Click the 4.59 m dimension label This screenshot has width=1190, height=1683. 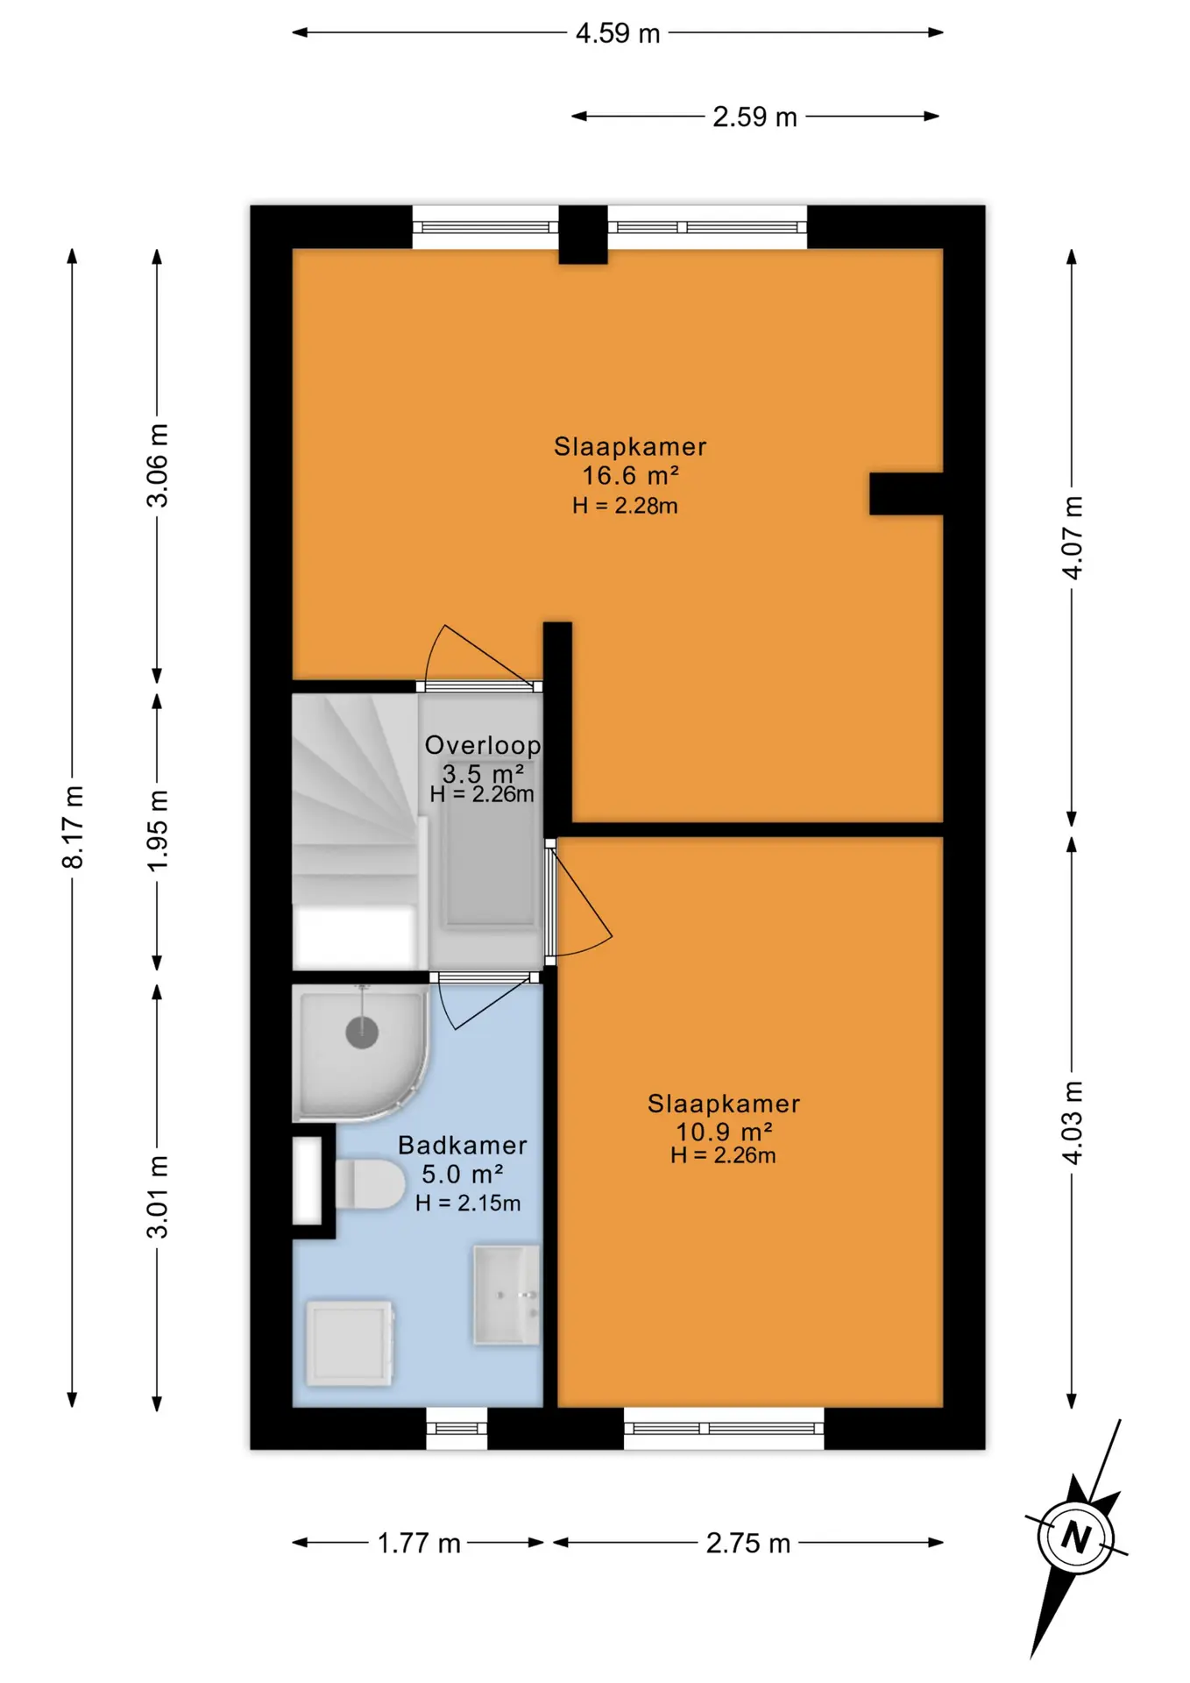tap(617, 33)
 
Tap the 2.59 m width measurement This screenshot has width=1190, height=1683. tap(754, 117)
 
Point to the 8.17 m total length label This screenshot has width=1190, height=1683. tap(73, 827)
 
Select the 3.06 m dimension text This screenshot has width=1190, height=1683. tap(157, 465)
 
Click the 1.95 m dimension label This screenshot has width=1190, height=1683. tap(157, 830)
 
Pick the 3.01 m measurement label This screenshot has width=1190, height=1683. tap(157, 1196)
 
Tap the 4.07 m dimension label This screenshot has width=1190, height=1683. tap(1072, 536)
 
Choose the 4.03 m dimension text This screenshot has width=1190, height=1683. tap(1072, 1122)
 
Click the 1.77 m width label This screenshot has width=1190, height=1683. tap(419, 1543)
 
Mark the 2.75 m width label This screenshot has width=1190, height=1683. tap(748, 1543)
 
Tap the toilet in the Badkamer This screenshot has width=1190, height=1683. tap(370, 1183)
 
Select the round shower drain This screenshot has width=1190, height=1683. tap(362, 1032)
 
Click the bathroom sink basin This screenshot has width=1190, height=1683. tap(506, 1295)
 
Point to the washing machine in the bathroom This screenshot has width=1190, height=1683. tap(350, 1343)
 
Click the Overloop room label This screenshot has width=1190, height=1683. tap(483, 745)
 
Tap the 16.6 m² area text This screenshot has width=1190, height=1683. tap(631, 475)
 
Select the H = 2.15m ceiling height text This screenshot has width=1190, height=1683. tap(468, 1203)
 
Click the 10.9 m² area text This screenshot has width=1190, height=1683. tap(724, 1131)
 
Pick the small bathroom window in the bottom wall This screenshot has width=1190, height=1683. tap(457, 1428)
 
